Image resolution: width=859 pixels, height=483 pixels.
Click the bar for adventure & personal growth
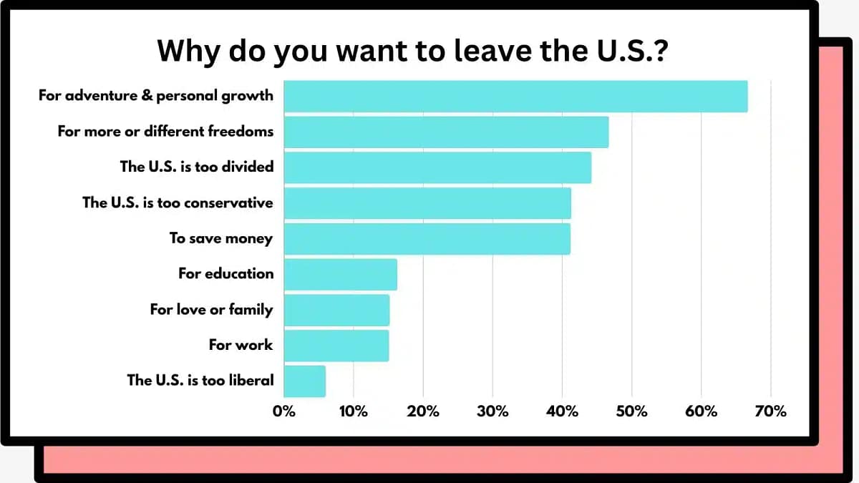[515, 97]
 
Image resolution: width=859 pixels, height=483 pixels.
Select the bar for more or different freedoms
[446, 132]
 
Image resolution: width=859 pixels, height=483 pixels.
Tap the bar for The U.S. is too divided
[437, 167]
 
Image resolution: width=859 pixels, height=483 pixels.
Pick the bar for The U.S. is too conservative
[427, 203]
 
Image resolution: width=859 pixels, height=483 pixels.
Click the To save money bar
[427, 239]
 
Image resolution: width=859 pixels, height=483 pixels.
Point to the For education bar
[340, 275]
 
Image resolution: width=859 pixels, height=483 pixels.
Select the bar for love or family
[336, 310]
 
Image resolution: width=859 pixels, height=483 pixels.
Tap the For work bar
[336, 346]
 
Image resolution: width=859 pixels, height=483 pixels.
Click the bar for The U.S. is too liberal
[304, 381]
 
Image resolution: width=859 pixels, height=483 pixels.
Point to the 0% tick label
[284, 411]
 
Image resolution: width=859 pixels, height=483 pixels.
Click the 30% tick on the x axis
[492, 411]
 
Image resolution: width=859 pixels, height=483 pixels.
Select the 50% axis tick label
[631, 411]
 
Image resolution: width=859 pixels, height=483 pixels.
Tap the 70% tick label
[770, 411]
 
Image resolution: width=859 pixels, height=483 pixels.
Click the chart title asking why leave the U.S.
[412, 52]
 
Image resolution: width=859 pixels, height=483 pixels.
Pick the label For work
[241, 345]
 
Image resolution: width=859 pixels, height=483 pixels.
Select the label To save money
[220, 238]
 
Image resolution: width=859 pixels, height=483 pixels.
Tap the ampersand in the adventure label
[146, 95]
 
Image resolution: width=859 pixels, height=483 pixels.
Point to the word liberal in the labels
[250, 381]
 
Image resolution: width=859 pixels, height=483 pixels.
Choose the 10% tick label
[354, 411]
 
